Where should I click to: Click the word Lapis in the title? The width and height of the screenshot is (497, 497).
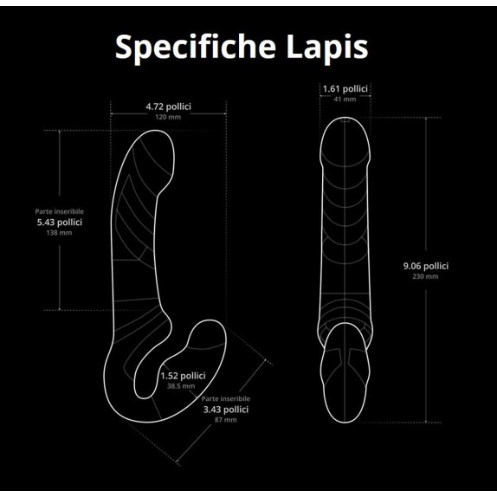click(327, 48)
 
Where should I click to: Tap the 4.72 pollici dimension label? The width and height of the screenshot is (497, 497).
click(168, 106)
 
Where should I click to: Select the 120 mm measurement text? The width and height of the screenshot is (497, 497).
click(168, 117)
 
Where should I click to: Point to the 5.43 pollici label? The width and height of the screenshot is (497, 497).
click(60, 223)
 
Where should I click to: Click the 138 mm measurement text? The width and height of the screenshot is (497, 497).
click(59, 233)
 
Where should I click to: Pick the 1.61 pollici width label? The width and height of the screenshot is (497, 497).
click(345, 88)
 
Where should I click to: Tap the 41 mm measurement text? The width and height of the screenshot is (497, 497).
click(345, 100)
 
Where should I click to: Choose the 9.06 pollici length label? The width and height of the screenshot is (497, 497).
click(426, 266)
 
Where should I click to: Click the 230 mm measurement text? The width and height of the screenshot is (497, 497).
click(425, 276)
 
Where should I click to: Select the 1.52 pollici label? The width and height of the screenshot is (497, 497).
click(183, 376)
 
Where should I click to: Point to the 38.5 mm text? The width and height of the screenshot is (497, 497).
click(181, 386)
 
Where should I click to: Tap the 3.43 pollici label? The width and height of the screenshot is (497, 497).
click(226, 410)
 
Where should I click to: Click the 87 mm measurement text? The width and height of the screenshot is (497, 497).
click(226, 420)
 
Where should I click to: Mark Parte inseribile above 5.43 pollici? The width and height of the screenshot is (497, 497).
click(60, 211)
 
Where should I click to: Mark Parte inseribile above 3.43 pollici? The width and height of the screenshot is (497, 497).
click(226, 399)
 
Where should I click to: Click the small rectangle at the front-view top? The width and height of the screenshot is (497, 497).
click(345, 119)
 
